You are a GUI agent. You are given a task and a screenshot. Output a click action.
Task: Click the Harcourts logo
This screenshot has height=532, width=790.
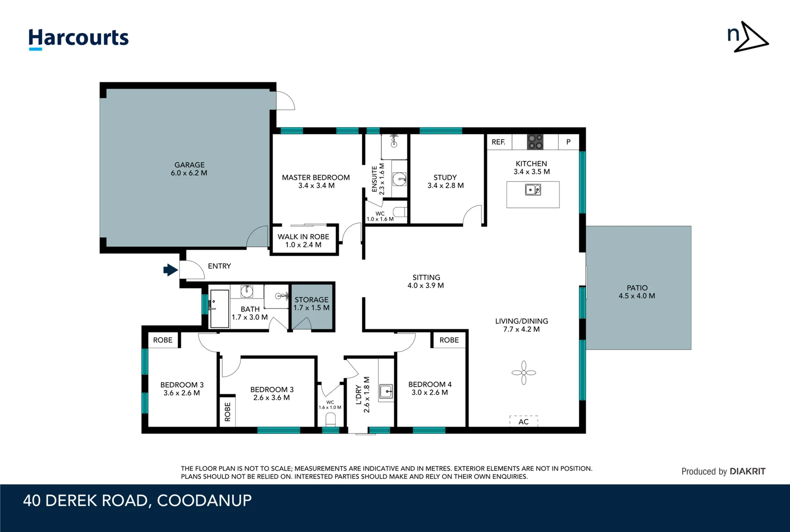tap(78, 38)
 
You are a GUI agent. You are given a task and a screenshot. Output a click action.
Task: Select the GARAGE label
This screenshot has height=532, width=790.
tap(189, 165)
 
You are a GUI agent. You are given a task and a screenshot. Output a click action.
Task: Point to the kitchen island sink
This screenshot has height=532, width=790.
tap(533, 190)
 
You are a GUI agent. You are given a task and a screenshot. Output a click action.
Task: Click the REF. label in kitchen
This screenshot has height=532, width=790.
tap(498, 142)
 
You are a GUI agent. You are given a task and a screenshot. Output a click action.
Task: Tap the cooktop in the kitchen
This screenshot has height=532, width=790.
tap(535, 142)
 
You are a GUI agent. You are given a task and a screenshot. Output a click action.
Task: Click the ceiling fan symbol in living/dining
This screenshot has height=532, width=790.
tap(523, 373)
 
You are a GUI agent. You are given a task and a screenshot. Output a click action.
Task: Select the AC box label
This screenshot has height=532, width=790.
tap(523, 422)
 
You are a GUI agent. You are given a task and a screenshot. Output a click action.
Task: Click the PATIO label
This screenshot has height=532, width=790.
tap(637, 288)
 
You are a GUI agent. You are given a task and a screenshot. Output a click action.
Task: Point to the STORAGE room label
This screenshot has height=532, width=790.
tap(311, 299)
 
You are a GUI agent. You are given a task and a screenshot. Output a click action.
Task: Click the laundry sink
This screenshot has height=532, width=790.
tap(386, 392)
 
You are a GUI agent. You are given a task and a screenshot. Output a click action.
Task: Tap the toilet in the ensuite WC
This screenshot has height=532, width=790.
tap(400, 212)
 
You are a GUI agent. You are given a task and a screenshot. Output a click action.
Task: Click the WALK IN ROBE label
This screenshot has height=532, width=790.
tap(303, 236)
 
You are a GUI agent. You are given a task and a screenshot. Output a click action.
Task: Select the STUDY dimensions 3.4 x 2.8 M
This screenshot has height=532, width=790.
tap(446, 186)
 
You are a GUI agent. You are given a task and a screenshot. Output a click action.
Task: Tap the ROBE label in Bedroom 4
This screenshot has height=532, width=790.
tap(449, 340)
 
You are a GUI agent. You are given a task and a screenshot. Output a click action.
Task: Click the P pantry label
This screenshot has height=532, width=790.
tap(568, 142)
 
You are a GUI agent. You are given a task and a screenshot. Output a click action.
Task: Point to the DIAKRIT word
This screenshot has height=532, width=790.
tap(747, 471)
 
